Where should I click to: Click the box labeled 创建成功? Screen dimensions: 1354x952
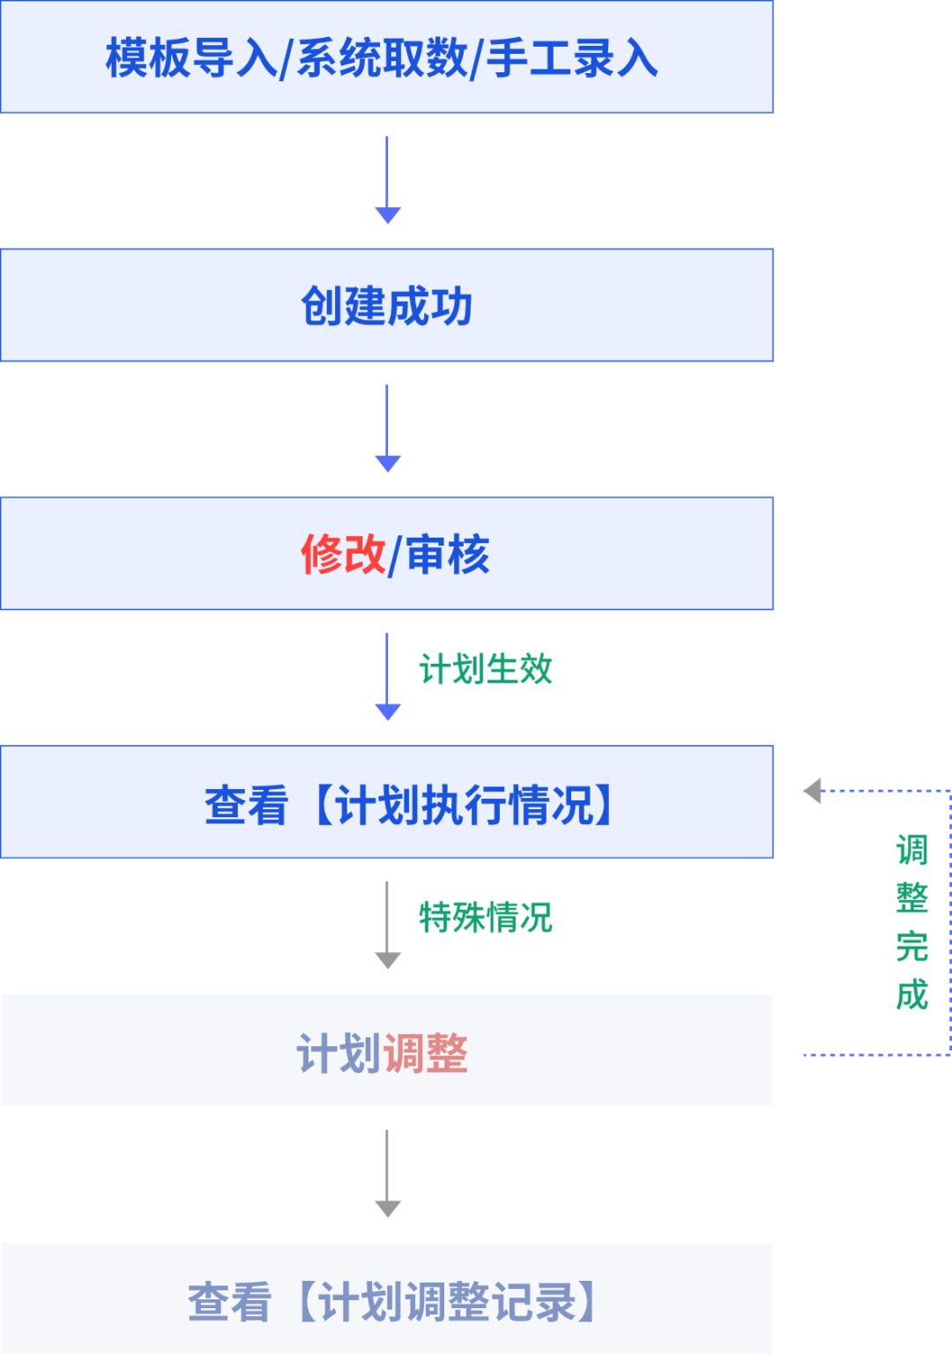tap(386, 306)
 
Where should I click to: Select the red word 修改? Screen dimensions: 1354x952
tap(343, 555)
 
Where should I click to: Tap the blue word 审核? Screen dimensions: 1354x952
tap(448, 555)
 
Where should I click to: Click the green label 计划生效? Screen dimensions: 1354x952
tap(486, 669)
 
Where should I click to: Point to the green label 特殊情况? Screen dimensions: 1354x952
tap(486, 918)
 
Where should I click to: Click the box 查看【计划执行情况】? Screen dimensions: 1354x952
tap(386, 803)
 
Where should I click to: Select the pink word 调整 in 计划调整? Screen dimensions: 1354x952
tap(426, 1053)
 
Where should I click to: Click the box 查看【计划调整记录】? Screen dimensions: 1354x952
tap(386, 1301)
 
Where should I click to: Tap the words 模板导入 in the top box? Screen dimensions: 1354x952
tap(190, 58)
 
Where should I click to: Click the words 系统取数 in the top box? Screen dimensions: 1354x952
tap(383, 58)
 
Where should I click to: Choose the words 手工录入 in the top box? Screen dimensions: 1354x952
tap(573, 58)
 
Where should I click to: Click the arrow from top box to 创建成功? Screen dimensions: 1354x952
tap(387, 181)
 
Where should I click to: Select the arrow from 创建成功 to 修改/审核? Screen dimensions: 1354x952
tap(387, 429)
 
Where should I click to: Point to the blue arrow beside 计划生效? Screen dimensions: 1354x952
tap(387, 677)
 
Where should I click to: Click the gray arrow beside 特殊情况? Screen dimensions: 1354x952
tap(387, 926)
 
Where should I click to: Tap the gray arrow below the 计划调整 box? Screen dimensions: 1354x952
tap(387, 1174)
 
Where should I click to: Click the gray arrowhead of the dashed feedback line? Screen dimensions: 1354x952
tap(814, 791)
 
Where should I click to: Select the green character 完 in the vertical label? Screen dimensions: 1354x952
tap(912, 947)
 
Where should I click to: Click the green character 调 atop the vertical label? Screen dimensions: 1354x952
tap(912, 851)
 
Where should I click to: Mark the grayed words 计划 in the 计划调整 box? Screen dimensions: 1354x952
tap(339, 1053)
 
